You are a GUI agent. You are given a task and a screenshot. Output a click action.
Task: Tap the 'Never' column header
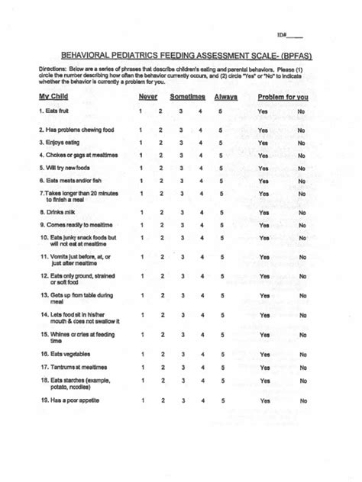148,97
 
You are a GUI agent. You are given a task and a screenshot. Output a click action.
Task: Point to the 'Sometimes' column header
187,97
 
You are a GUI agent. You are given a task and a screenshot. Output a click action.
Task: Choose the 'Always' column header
226,97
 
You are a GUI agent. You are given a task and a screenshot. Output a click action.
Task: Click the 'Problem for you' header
283,97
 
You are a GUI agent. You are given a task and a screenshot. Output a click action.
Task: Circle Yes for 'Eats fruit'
263,112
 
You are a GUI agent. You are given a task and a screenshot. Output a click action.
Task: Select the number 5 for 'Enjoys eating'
221,142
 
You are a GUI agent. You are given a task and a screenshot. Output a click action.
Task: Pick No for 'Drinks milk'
302,213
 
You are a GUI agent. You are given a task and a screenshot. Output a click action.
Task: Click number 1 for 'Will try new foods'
141,168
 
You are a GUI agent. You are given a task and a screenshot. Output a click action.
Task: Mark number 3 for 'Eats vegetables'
181,355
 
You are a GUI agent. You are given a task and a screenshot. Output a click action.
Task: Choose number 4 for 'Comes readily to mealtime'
201,226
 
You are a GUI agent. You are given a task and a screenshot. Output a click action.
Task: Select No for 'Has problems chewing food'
302,130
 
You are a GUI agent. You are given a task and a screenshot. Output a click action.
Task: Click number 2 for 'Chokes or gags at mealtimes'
161,155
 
